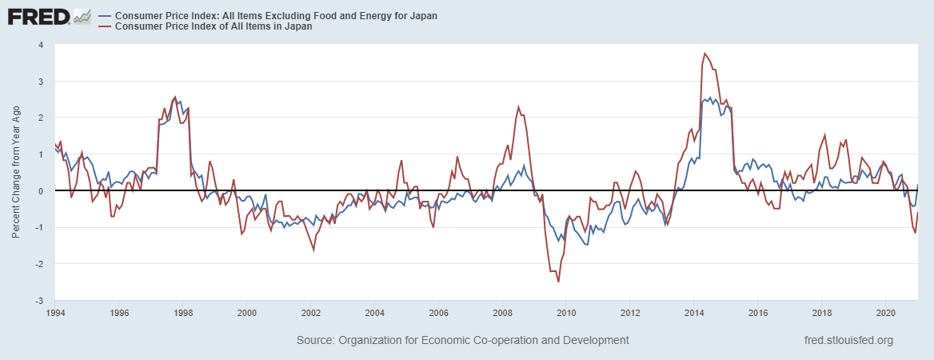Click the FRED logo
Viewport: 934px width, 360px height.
tap(36, 16)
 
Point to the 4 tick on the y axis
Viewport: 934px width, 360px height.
tap(40, 45)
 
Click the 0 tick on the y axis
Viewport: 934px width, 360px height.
tap(40, 191)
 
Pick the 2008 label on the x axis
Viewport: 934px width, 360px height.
tap(502, 313)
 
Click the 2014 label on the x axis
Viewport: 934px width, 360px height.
tap(694, 313)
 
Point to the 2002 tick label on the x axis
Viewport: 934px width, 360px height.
tap(310, 313)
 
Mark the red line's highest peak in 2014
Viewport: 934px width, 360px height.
tap(704, 54)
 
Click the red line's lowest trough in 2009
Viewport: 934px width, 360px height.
tap(558, 282)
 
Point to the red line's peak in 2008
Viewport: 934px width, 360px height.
tap(518, 106)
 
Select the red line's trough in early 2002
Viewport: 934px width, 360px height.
tap(313, 250)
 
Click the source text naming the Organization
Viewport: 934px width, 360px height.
tap(462, 340)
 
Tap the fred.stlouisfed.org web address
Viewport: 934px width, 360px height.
tap(848, 340)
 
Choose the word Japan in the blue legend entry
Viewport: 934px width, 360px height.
tap(423, 16)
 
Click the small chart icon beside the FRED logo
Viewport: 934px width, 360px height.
tap(82, 16)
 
